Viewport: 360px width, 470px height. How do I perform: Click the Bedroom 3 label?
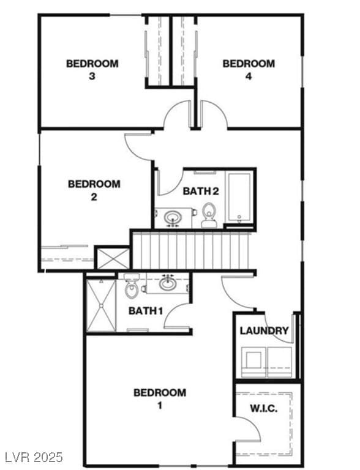click(x=92, y=69)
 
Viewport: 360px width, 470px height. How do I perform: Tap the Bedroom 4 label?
click(x=249, y=69)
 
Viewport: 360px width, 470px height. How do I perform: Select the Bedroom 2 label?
click(x=94, y=190)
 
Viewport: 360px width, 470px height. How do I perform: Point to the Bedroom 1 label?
click(x=160, y=398)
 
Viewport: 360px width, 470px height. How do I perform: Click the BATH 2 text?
click(x=201, y=191)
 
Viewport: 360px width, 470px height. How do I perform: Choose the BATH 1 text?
click(x=145, y=311)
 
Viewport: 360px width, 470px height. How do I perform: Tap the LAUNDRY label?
click(x=264, y=331)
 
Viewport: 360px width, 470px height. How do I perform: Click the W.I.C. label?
click(x=264, y=408)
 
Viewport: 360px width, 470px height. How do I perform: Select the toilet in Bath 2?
click(x=209, y=215)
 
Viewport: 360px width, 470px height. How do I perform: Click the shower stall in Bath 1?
click(x=100, y=305)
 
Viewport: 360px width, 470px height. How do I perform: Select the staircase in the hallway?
click(x=192, y=250)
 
